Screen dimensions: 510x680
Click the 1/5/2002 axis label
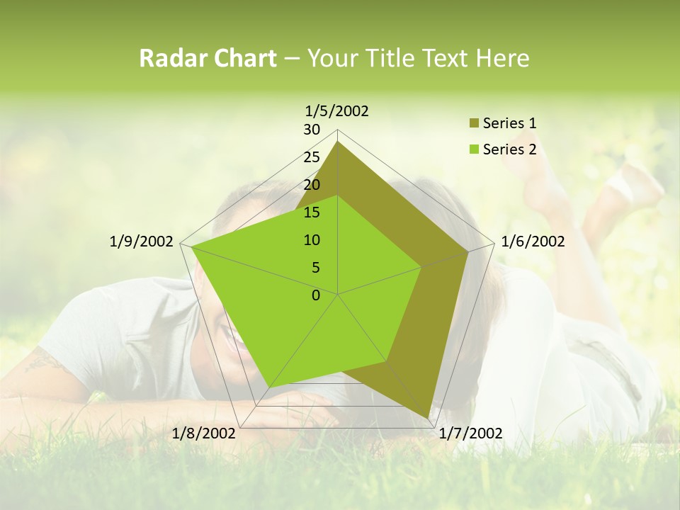(x=337, y=110)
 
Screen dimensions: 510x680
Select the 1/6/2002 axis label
(x=533, y=242)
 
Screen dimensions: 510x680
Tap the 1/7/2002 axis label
(x=471, y=433)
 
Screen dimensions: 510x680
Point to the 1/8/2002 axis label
(x=204, y=433)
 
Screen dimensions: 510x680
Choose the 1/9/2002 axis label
(x=142, y=242)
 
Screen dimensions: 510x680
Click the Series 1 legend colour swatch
(x=474, y=123)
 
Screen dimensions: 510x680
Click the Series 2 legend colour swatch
(x=474, y=149)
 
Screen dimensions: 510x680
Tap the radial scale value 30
(x=312, y=130)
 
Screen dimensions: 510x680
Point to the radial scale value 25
(x=312, y=157)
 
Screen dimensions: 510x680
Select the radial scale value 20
(x=312, y=185)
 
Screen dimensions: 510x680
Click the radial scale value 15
(x=312, y=212)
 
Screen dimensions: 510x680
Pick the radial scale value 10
(x=312, y=240)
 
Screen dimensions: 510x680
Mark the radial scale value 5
(x=315, y=268)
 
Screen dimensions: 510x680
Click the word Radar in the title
(x=171, y=59)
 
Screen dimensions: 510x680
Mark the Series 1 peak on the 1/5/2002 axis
(x=338, y=142)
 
